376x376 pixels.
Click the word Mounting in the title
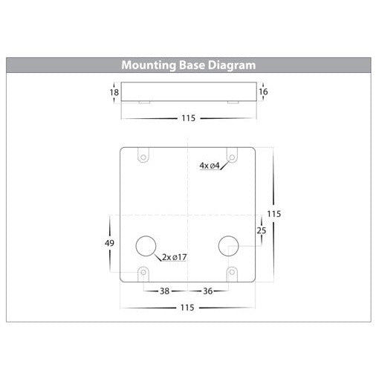tap(149, 65)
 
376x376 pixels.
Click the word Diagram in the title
tap(232, 65)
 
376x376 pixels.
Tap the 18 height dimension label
tap(114, 92)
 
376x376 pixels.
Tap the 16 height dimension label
tap(263, 91)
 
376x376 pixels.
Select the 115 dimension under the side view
tap(189, 118)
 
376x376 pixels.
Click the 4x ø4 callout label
tap(210, 166)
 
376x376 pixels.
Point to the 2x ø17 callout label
tap(175, 257)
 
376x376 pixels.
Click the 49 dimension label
tap(109, 243)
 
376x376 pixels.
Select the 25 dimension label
tap(262, 230)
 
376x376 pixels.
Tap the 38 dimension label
tap(164, 291)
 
